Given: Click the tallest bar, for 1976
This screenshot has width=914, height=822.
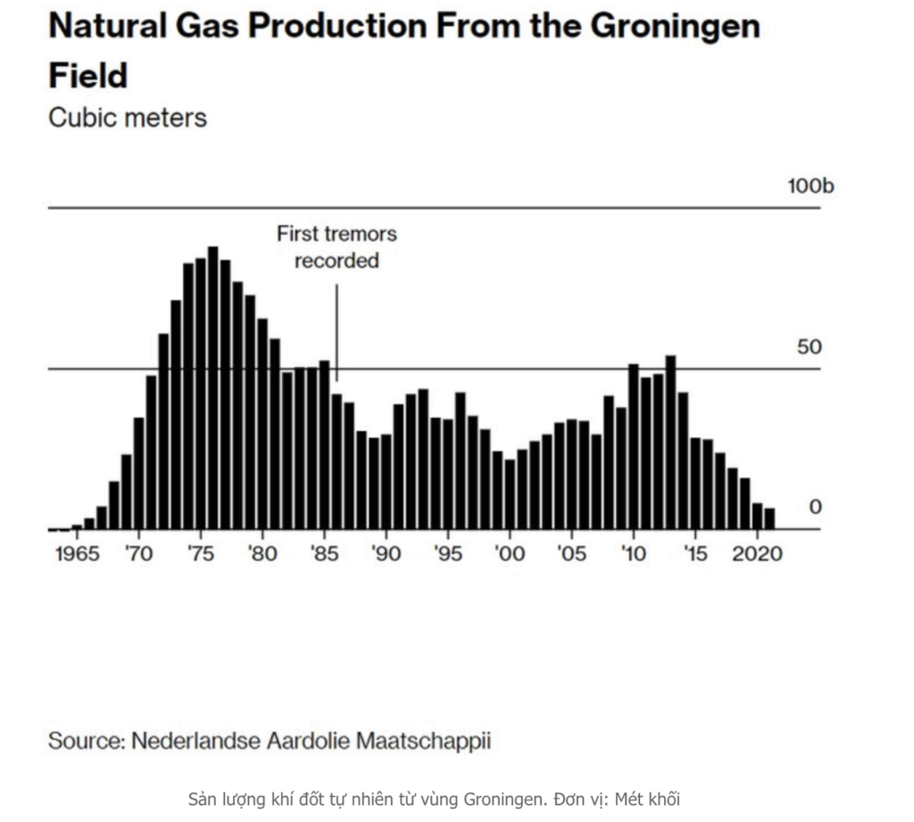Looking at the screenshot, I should (212, 388).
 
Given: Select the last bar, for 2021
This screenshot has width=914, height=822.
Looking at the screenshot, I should (769, 519).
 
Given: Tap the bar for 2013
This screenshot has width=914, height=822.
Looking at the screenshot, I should (670, 443).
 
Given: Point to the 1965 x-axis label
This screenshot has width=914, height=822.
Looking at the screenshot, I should (77, 553).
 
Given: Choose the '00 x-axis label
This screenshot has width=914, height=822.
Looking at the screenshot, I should (510, 553).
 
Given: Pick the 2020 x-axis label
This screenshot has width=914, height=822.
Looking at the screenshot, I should (758, 553).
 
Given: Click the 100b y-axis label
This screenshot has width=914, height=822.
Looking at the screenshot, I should (810, 187).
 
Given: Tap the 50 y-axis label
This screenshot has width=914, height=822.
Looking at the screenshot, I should (809, 347).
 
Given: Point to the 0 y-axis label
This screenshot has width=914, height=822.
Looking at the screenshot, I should (814, 507).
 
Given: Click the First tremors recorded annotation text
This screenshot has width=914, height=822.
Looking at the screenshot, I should (337, 247).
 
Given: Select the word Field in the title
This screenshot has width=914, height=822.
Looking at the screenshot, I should (87, 75).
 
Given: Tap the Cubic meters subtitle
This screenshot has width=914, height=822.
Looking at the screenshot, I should (127, 118).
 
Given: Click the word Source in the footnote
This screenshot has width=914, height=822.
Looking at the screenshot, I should (85, 740).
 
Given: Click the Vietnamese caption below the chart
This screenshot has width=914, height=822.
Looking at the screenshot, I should (434, 798).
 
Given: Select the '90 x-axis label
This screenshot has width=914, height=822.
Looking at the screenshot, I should (386, 553).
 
